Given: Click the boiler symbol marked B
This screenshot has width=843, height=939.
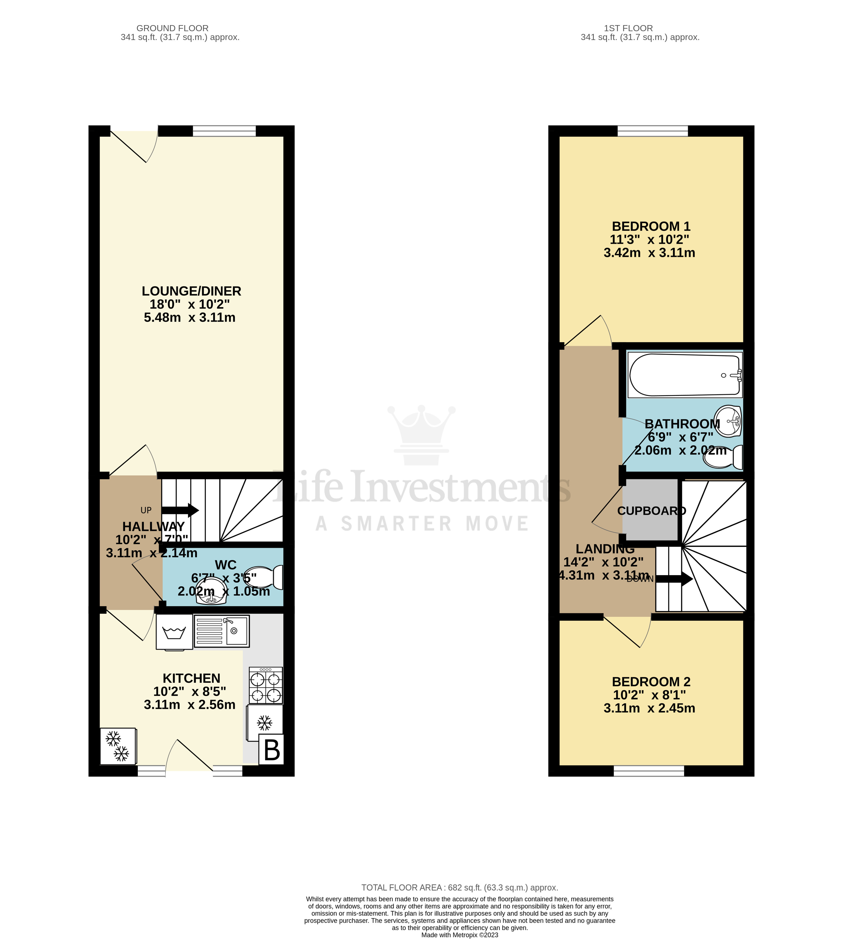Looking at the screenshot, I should point(272,749).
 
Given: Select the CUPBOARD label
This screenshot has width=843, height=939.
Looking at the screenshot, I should point(651,511).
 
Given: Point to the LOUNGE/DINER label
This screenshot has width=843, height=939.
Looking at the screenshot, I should point(191,291).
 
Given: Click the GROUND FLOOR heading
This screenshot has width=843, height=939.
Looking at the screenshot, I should point(172,28).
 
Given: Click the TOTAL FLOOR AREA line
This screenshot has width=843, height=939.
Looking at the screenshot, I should point(460,888).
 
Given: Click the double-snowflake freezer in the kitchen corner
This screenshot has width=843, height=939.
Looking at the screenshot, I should point(118,746).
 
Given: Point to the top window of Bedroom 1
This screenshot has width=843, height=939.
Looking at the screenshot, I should point(652,131).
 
